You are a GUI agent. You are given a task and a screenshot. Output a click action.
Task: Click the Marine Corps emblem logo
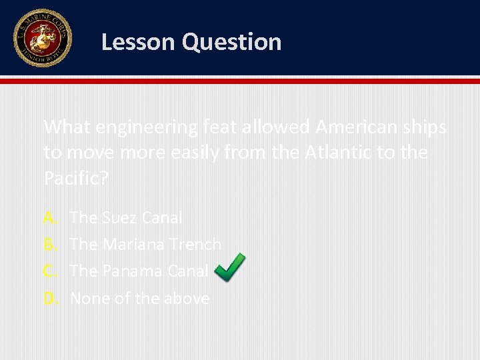[42, 38]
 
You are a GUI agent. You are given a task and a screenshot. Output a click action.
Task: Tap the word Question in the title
[231, 42]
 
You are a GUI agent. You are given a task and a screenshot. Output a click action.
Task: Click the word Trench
[195, 245]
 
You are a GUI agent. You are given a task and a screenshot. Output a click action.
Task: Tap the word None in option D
[90, 299]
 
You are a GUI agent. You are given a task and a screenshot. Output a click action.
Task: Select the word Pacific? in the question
[75, 179]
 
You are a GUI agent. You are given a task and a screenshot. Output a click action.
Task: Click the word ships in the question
[427, 127]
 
